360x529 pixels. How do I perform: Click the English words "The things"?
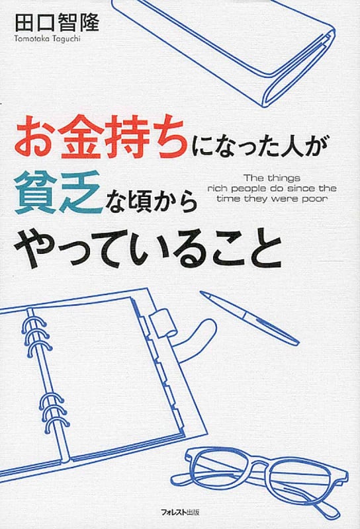(x=271, y=177)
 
